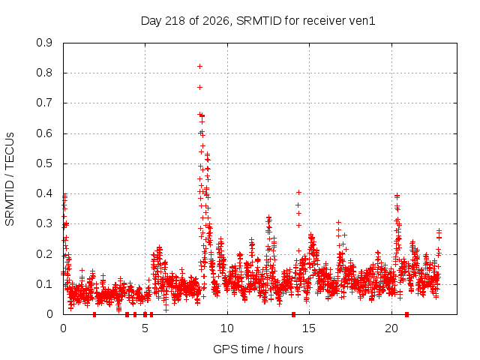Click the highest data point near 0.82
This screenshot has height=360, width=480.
(199, 67)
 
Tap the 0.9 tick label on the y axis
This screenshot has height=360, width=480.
(44, 43)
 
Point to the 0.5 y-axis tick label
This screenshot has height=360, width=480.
(44, 163)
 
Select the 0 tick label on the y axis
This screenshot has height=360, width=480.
(49, 314)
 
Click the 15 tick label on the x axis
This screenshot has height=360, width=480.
(309, 328)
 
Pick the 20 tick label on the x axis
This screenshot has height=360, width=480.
(391, 328)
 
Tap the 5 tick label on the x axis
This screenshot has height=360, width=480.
(145, 328)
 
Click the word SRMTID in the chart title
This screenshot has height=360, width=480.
(259, 21)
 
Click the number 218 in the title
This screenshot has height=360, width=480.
(175, 21)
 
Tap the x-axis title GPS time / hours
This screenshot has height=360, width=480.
(258, 349)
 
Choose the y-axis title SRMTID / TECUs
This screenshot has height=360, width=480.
(10, 179)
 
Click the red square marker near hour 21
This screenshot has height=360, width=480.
(406, 314)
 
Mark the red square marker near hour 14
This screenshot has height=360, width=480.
(293, 314)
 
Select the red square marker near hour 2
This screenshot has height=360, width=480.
(94, 314)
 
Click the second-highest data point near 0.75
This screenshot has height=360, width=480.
(199, 88)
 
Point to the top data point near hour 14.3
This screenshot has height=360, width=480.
(298, 192)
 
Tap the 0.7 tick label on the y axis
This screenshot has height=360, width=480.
(44, 103)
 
